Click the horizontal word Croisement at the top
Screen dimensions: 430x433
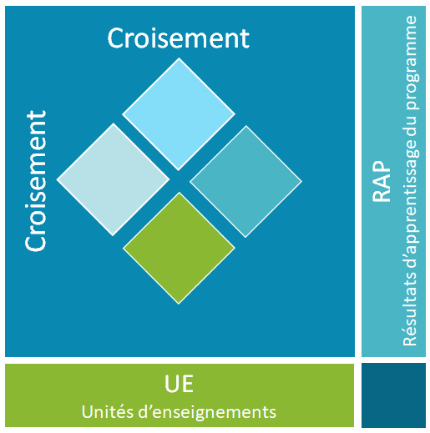pyautogui.click(x=179, y=38)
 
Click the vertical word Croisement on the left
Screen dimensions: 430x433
pyautogui.click(x=36, y=181)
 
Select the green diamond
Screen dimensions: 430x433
pyautogui.click(x=179, y=248)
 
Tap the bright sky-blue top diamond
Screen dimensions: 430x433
pyautogui.click(x=179, y=114)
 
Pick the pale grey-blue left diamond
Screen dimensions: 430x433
pyautogui.click(x=113, y=179)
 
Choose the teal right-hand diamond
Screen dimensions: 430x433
pyautogui.click(x=245, y=182)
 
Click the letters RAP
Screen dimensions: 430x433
pyautogui.click(x=382, y=181)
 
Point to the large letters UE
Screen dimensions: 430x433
pyautogui.click(x=179, y=384)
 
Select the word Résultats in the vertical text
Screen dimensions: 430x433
pyautogui.click(x=410, y=309)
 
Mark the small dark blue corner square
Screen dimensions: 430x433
pyautogui.click(x=393, y=395)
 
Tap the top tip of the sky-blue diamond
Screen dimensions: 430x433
pyautogui.click(x=179, y=58)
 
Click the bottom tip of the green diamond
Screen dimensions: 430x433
pyautogui.click(x=179, y=305)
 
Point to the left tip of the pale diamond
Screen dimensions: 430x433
pyautogui.click(x=57, y=179)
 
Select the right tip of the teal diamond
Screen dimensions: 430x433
pyautogui.click(x=302, y=182)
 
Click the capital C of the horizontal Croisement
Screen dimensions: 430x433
pyautogui.click(x=114, y=38)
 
